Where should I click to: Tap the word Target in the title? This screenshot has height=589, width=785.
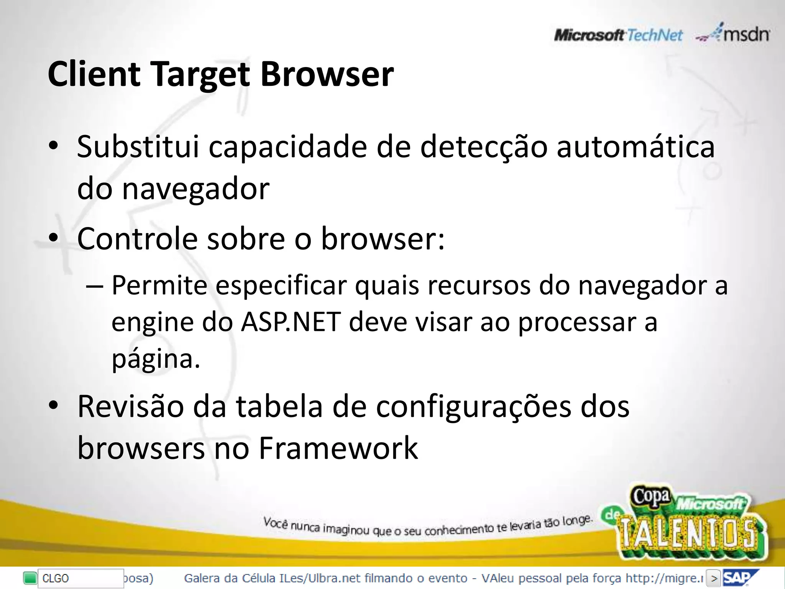point(200,74)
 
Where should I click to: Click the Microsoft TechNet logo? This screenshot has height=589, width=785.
point(618,36)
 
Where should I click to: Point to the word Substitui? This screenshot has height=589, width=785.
point(138,146)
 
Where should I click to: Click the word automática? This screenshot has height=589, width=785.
point(636,146)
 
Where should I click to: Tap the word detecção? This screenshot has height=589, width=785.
point(484,147)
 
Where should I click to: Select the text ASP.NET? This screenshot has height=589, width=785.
point(291,322)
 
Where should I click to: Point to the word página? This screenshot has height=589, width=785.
point(156,360)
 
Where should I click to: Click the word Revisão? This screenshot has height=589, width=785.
point(130,406)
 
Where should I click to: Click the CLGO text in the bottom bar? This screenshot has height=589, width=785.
point(56,578)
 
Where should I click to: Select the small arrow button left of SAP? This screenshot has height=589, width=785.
point(714,578)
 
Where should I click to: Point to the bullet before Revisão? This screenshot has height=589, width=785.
point(53,405)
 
